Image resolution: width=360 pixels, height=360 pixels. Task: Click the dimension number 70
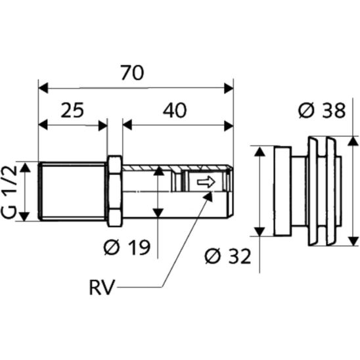point(133,73)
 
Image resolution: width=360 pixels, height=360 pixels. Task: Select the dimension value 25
point(72,110)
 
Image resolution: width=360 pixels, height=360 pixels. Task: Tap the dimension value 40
point(175,110)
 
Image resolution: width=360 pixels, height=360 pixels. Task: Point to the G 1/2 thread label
point(9,191)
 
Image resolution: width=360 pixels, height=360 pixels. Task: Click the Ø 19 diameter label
point(127,247)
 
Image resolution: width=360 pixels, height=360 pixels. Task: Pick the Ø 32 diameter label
point(227,256)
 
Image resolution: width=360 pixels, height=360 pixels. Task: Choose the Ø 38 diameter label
point(322,110)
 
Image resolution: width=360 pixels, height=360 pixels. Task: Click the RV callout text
point(102,288)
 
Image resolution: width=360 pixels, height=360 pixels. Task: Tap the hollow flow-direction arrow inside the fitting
point(206,182)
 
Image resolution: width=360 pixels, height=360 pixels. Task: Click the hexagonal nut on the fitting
point(115,191)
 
